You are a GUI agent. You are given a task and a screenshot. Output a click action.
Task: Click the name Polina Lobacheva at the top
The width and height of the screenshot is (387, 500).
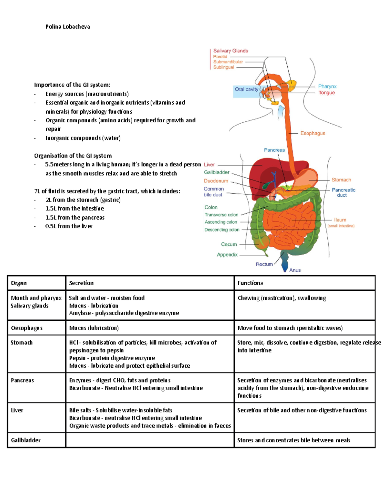[67, 27]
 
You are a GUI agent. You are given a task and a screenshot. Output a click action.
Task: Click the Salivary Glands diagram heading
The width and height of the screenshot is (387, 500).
[231, 51]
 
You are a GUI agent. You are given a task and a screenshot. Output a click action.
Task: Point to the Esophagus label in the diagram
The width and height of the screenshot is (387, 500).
[313, 133]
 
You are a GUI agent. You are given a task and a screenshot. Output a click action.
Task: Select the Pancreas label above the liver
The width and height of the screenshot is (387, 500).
[274, 150]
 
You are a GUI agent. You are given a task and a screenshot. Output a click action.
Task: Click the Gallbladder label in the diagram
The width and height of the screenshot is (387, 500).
[217, 173]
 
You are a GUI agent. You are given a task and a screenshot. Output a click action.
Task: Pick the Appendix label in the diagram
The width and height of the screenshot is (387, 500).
[227, 255]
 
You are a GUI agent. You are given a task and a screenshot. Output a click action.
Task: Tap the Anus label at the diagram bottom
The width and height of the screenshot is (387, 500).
[295, 270]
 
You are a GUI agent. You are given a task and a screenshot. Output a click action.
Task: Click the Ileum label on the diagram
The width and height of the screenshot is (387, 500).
[340, 220]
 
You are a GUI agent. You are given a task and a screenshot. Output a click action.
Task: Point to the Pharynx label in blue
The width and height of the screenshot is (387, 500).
[327, 86]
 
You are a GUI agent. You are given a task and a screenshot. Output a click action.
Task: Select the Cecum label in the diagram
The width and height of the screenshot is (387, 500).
[229, 244]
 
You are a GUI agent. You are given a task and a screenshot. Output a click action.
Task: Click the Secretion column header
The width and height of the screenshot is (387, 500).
[81, 283]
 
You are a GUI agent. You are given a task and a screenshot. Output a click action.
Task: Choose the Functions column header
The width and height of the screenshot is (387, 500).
[250, 283]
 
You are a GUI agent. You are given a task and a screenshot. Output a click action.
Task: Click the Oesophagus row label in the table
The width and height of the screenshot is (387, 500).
[27, 328]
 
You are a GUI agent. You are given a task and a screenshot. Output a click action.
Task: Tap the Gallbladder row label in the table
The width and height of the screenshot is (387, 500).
[26, 440]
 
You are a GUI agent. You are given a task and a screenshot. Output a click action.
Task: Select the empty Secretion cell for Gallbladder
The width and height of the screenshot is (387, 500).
[150, 440]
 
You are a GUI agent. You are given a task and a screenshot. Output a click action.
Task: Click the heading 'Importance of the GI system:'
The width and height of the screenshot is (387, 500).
[72, 85]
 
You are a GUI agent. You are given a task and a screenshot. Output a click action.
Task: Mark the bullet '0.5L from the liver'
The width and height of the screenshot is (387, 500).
[69, 226]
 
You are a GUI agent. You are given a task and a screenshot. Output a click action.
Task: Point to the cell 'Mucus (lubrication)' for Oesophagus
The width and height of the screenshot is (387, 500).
[94, 328]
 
